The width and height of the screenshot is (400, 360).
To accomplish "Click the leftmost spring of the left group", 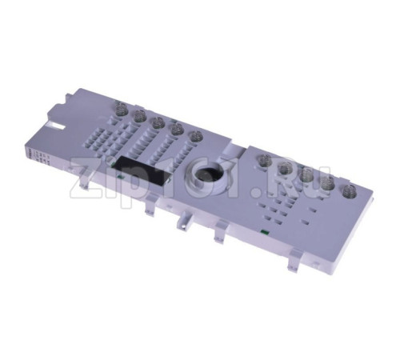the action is point(121,108).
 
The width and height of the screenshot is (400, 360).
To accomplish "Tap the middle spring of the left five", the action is point(158,124).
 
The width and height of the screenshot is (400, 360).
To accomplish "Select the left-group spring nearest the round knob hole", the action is point(197,138).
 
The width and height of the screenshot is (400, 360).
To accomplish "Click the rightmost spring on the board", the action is point(350,191).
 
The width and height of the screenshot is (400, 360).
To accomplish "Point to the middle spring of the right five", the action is point(306,174).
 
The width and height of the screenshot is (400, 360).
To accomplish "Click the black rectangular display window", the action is point(142,171).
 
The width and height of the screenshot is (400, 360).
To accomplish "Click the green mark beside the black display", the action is point(119,176).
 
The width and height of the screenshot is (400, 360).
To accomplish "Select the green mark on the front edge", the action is point(264,232).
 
